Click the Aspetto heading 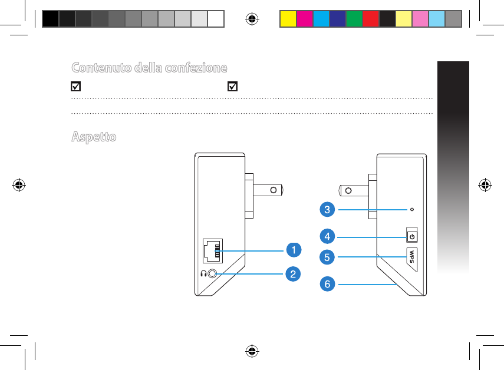pyautogui.click(x=94, y=137)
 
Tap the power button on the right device pyautogui.click(x=412, y=237)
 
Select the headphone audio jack pyautogui.click(x=213, y=273)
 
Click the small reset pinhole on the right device pyautogui.click(x=411, y=209)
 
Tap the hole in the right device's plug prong pyautogui.click(x=348, y=190)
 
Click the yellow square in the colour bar pyautogui.click(x=287, y=19)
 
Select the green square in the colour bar pyautogui.click(x=353, y=19)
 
